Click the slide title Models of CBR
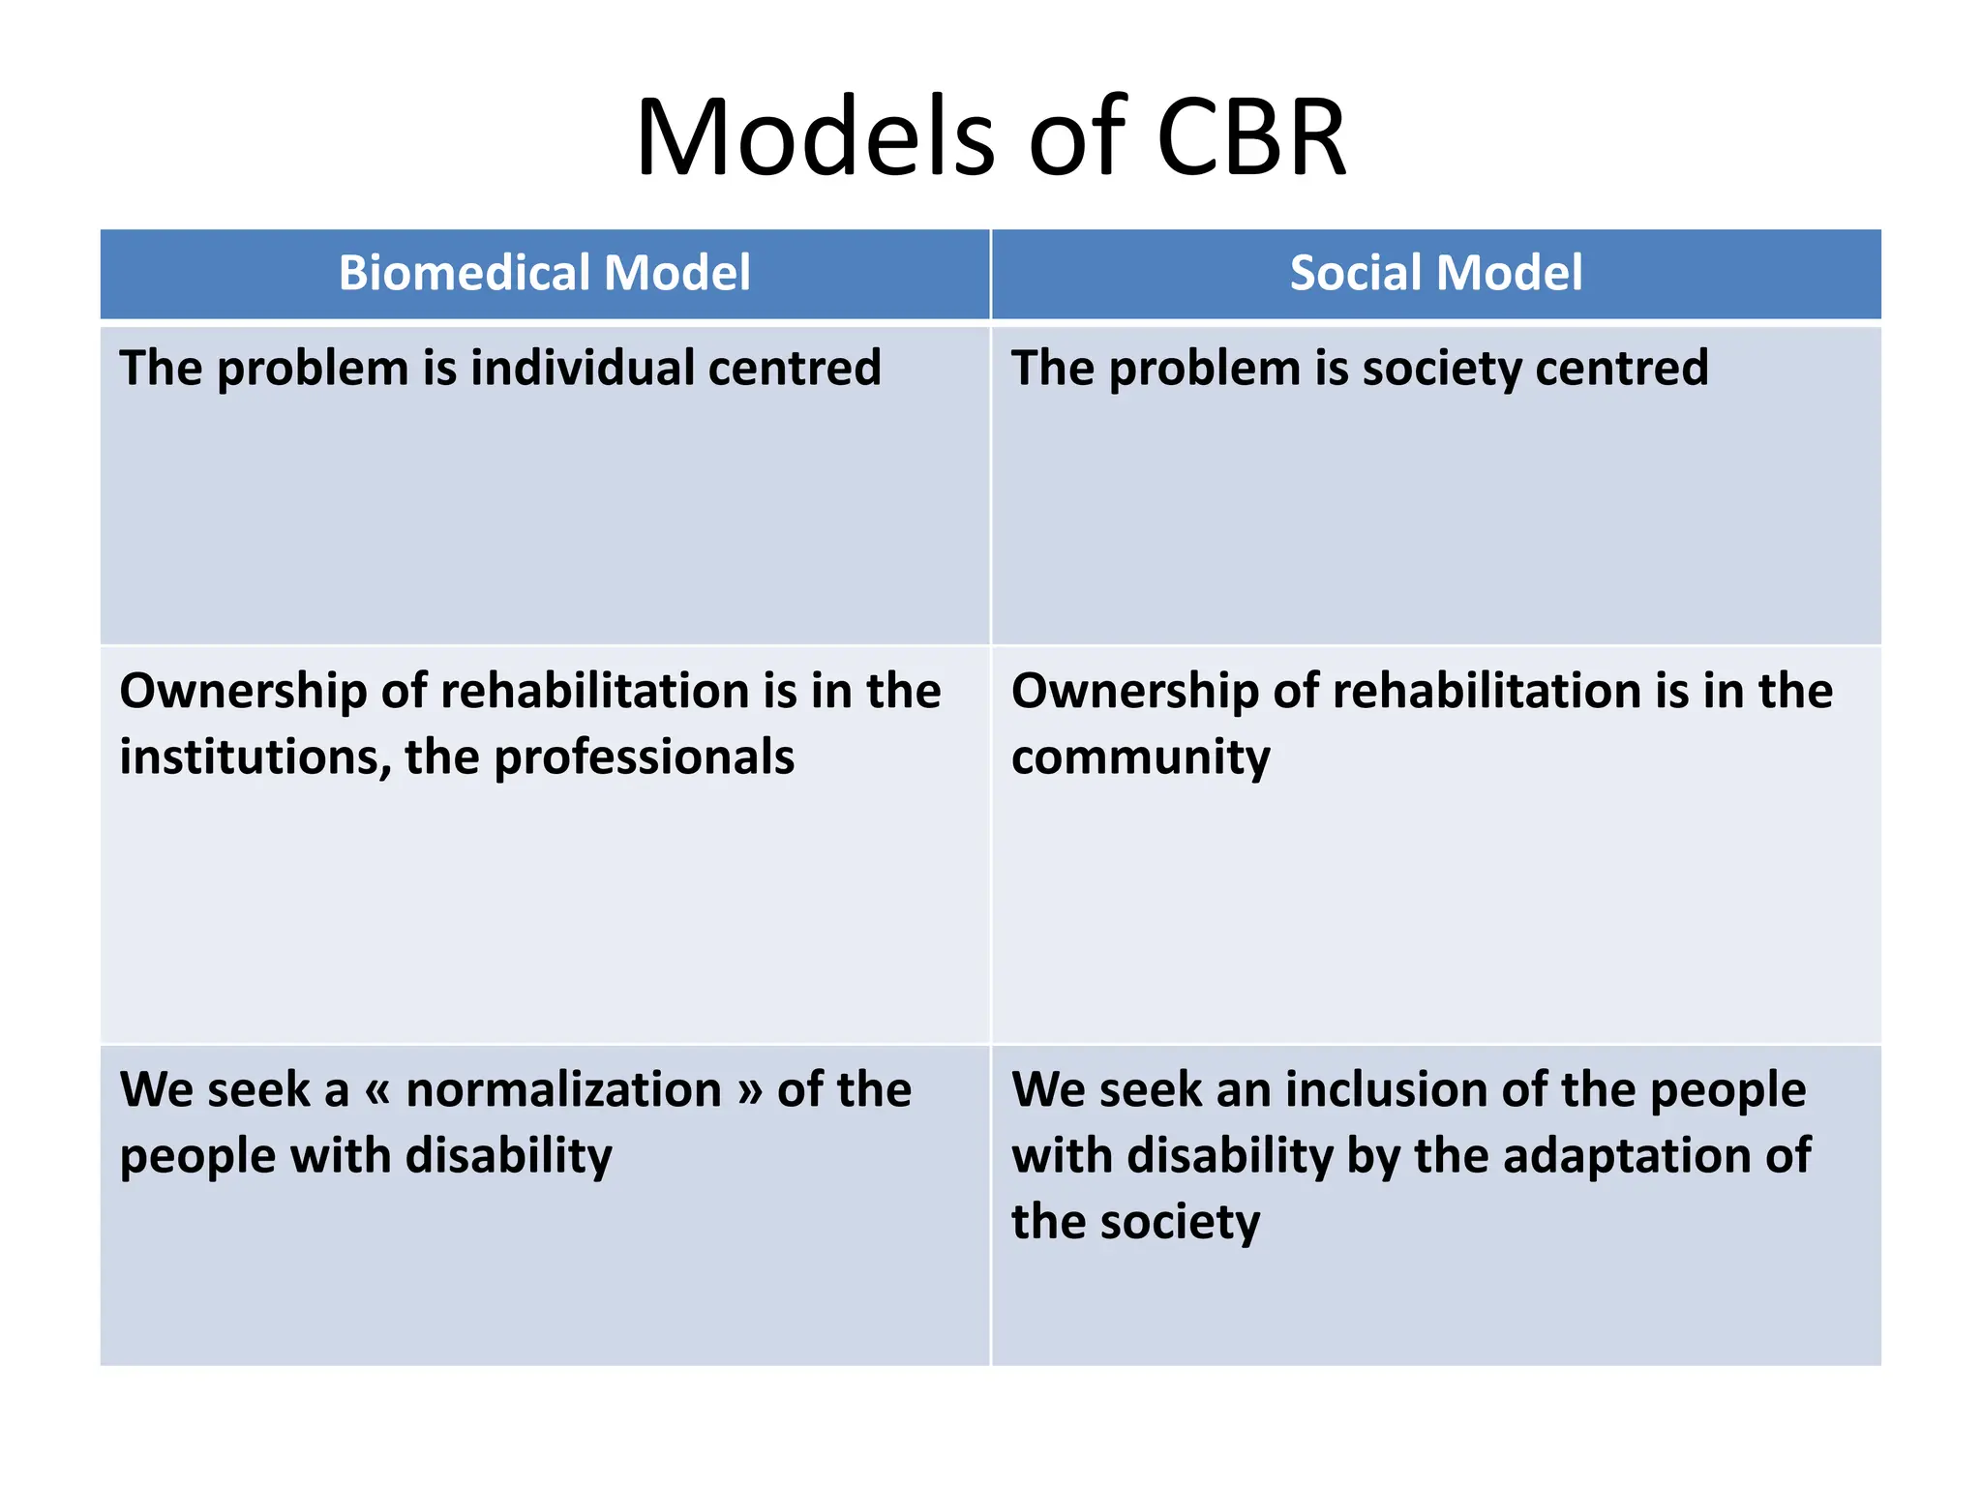point(991,137)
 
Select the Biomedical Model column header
point(544,273)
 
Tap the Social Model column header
point(1436,273)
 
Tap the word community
point(1140,758)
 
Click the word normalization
point(563,1090)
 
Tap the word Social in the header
point(1356,273)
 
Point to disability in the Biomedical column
point(508,1156)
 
